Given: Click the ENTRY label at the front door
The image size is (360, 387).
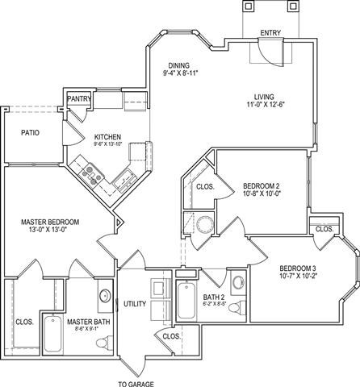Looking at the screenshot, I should [x=270, y=33].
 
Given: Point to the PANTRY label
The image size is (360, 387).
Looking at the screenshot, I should [x=79, y=99].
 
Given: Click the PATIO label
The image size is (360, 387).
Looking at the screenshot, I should [x=30, y=132].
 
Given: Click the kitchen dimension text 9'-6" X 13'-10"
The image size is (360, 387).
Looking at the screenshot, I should [x=108, y=146].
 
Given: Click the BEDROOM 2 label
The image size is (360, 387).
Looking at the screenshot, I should [x=261, y=186].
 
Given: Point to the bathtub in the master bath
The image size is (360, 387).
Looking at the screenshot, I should [x=52, y=333].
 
